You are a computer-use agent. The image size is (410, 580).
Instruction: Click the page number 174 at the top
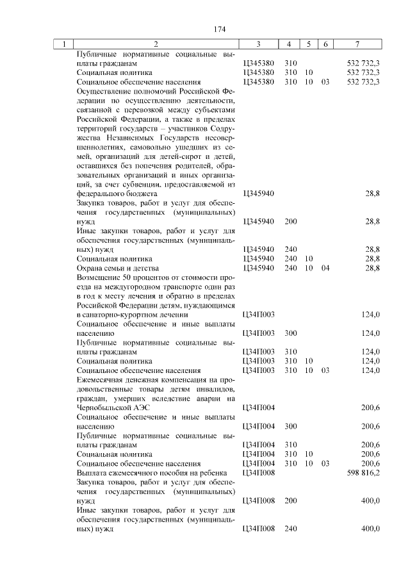pos(204,28)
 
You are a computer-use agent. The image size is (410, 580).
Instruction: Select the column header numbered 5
pos(308,44)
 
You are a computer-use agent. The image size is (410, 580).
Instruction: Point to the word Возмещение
pos(100,277)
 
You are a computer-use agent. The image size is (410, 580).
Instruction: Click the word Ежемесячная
pos(101,379)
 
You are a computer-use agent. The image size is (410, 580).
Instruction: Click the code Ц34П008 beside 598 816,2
pos(259,472)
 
